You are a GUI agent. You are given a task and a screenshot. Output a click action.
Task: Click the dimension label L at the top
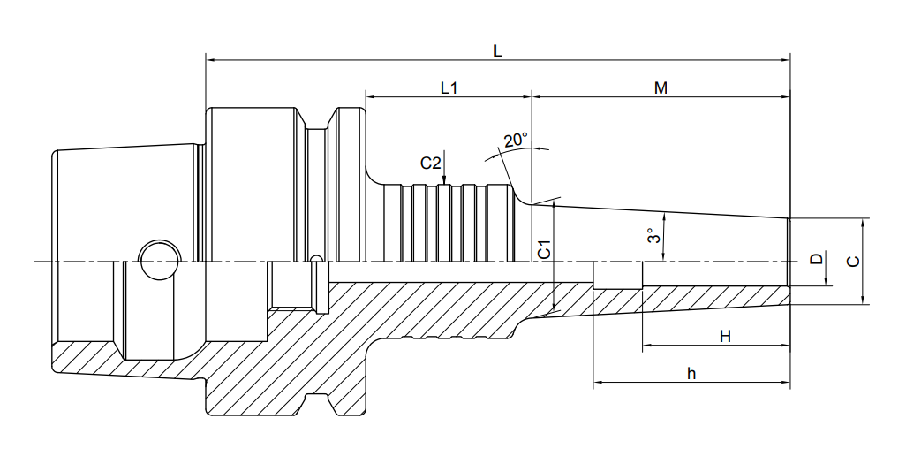(497, 50)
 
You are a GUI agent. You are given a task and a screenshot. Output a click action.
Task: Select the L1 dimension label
(449, 88)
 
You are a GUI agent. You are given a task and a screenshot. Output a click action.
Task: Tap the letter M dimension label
(661, 88)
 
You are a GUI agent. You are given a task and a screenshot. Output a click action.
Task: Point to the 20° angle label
(516, 140)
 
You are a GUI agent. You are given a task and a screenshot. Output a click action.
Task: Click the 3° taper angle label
(653, 236)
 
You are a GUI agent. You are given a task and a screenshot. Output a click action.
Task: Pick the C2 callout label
(430, 164)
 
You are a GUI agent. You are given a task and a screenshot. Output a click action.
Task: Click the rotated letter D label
(816, 259)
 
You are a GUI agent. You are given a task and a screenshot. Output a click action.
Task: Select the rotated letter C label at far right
(852, 262)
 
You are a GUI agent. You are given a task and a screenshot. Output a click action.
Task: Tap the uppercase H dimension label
(725, 336)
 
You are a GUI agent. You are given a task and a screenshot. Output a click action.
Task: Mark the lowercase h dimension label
(691, 373)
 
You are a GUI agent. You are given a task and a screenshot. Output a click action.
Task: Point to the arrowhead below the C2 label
(444, 180)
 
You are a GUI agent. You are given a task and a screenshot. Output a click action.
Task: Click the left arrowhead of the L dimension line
(211, 59)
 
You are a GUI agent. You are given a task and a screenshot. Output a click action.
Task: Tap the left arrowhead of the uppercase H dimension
(648, 346)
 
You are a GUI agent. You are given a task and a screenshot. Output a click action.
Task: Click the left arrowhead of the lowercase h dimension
(600, 383)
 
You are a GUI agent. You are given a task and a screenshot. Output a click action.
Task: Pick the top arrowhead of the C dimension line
(862, 224)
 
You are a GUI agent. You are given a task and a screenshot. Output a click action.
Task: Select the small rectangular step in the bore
(617, 276)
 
